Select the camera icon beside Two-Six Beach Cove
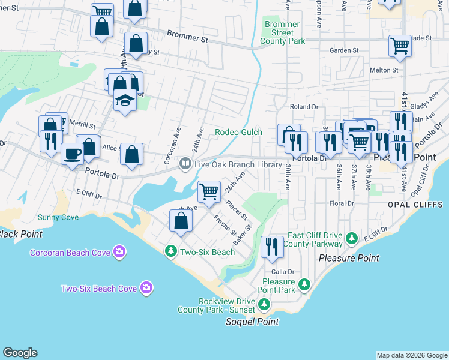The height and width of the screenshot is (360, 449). click(x=146, y=289)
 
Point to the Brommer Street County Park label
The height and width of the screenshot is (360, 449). click(x=282, y=33)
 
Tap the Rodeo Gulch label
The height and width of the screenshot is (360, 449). click(x=239, y=132)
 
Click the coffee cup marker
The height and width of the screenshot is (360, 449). click(x=73, y=154)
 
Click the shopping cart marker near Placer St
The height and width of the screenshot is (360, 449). click(x=209, y=192)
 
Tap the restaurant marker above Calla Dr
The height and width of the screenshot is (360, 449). click(x=272, y=247)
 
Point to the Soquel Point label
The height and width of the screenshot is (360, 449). click(x=252, y=322)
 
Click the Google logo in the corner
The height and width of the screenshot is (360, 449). click(x=20, y=353)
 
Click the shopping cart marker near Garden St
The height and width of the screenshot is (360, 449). click(x=399, y=46)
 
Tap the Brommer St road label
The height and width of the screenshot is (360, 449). click(x=187, y=37)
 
